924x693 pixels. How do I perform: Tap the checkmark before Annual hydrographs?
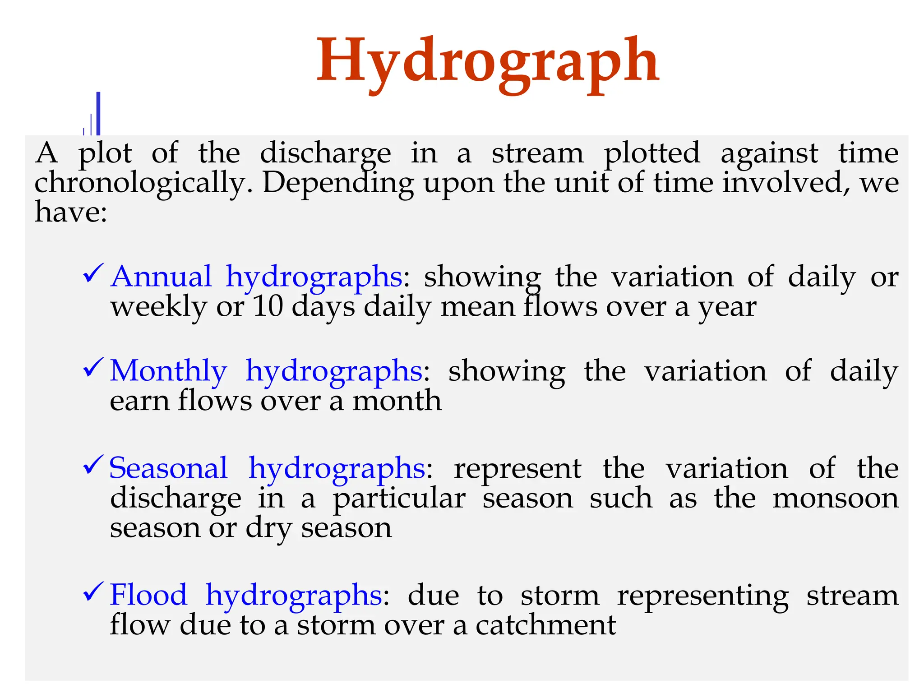[x=93, y=273]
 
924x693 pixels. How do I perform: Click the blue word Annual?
[x=161, y=276]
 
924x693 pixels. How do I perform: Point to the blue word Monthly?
[x=168, y=371]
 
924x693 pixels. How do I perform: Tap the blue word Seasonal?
[x=168, y=468]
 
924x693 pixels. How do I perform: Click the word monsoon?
[x=835, y=499]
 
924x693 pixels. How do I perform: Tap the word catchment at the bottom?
[x=545, y=625]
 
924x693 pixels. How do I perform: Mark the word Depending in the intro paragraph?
[x=338, y=184]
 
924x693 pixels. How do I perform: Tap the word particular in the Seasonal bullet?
[x=399, y=499]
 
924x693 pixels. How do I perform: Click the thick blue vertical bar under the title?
[x=98, y=113]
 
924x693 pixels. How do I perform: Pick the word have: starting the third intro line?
[x=71, y=212]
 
